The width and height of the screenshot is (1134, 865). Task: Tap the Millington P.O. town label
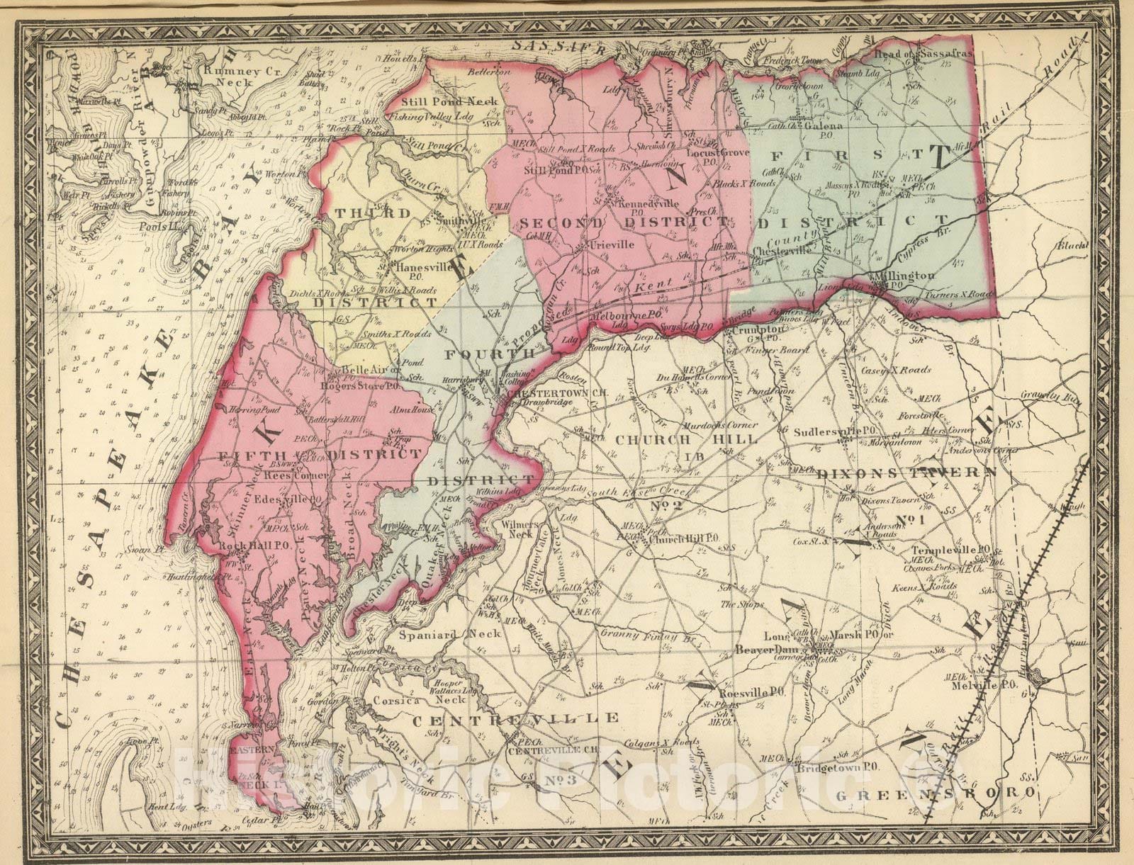(x=906, y=277)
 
